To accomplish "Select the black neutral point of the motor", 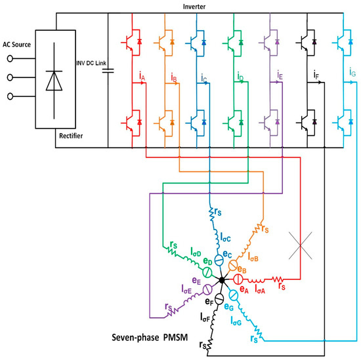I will (x=223, y=280).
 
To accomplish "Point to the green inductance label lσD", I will (x=196, y=252).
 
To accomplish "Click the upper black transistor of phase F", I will (x=303, y=43).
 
